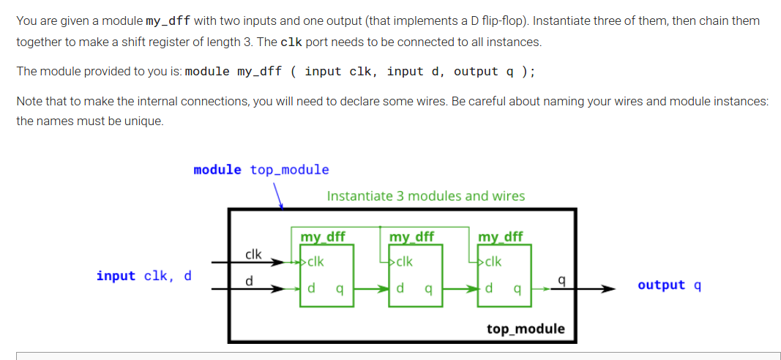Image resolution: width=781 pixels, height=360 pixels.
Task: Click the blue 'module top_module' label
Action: pyautogui.click(x=261, y=170)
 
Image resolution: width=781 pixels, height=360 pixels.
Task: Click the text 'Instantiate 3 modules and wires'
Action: pyautogui.click(x=425, y=196)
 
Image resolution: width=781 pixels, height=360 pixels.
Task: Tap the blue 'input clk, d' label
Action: pyautogui.click(x=143, y=276)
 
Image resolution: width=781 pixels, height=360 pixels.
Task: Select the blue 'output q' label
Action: pyautogui.click(x=669, y=285)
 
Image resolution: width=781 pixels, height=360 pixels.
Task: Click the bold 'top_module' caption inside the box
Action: pyautogui.click(x=526, y=329)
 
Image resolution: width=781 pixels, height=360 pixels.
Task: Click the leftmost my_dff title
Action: pyautogui.click(x=323, y=236)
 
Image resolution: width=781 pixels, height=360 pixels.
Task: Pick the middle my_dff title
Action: pyautogui.click(x=411, y=236)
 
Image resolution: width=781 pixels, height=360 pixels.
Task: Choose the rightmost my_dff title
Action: pyautogui.click(x=501, y=236)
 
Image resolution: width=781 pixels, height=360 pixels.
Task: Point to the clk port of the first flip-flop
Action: pyautogui.click(x=315, y=261)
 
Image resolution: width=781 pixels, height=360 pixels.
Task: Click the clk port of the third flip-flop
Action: pyautogui.click(x=493, y=261)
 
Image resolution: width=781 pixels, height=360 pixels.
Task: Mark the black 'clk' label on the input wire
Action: pyautogui.click(x=253, y=254)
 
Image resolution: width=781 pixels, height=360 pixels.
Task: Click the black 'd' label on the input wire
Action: pyautogui.click(x=249, y=280)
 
